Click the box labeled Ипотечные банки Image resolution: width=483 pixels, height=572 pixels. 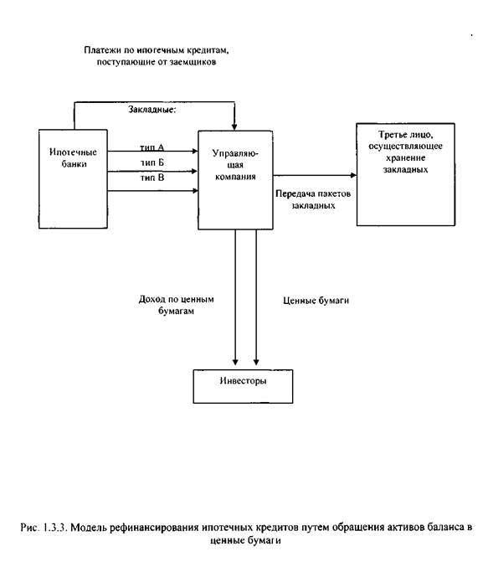(x=73, y=178)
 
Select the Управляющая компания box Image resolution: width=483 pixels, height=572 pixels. (x=235, y=180)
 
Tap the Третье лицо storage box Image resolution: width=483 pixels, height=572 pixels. (x=405, y=174)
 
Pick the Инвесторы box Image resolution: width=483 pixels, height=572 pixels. (x=243, y=386)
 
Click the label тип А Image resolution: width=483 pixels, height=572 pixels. (x=152, y=147)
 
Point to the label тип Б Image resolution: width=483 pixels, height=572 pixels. (x=152, y=162)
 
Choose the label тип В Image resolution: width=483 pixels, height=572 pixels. (x=152, y=178)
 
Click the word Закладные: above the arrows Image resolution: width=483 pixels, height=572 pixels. (x=152, y=110)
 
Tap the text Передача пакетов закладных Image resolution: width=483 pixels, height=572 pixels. (x=313, y=199)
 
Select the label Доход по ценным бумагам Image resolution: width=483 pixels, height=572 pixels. (x=176, y=305)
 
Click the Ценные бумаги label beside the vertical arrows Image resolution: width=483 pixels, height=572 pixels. (x=316, y=300)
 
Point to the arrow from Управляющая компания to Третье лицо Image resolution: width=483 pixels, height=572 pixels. (x=315, y=176)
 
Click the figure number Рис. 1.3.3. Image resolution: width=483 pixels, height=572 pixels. (x=44, y=527)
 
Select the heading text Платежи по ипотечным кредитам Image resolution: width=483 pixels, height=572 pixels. (x=157, y=50)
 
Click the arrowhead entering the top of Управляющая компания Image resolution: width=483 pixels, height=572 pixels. (x=234, y=127)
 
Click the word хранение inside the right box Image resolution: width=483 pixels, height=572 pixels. (x=406, y=158)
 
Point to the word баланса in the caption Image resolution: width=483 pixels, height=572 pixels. (x=445, y=527)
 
